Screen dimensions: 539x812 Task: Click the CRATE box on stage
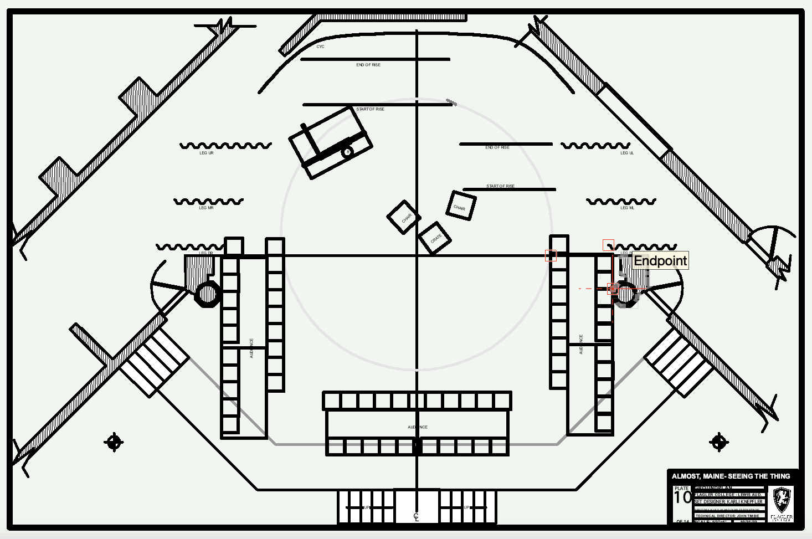pos(435,238)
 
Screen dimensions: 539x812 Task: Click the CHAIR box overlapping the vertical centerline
pos(404,218)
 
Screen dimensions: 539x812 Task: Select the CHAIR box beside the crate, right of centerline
pos(460,206)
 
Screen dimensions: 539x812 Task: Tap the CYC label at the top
pos(321,47)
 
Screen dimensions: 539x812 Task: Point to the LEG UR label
pos(207,153)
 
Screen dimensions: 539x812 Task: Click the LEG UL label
pos(627,153)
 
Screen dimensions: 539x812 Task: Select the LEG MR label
pos(206,208)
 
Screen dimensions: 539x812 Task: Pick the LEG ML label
pos(628,208)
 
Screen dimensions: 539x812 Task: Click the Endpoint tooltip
pos(660,260)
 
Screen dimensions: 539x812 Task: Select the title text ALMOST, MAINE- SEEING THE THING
pos(731,476)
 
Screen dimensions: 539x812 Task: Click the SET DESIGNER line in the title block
pos(729,501)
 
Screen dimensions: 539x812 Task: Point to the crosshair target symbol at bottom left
pos(114,442)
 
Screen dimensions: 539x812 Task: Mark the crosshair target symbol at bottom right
pos(719,442)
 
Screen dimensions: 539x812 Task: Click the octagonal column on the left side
pos(207,294)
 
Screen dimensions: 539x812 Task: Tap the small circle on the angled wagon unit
pos(347,152)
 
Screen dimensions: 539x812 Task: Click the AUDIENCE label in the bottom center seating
pos(418,427)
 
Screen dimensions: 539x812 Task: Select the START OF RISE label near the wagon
pos(370,109)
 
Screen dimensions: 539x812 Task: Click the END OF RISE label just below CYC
pos(368,65)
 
